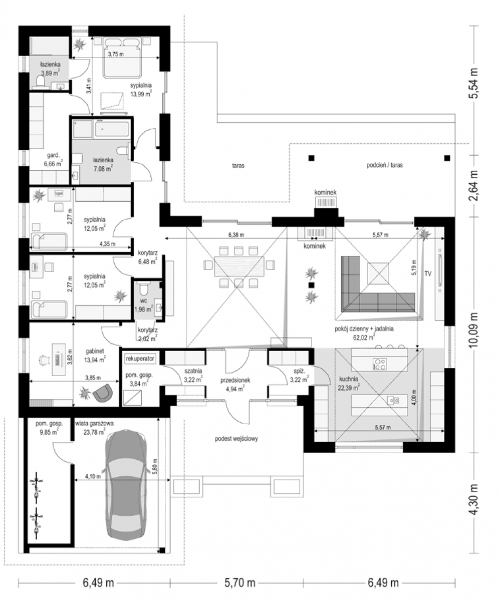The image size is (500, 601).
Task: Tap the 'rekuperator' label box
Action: [x=140, y=359]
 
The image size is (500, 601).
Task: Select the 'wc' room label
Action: [x=144, y=300]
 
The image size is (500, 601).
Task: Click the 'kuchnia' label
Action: [x=349, y=379]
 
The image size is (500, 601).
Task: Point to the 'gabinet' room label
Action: [x=95, y=351]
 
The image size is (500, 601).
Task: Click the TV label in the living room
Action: [x=428, y=273]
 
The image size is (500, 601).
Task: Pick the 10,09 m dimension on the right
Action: [x=473, y=330]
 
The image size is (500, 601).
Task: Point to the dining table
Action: [x=239, y=266]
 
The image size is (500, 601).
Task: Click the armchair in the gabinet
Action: [x=103, y=392]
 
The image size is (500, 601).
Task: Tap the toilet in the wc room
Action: [x=143, y=288]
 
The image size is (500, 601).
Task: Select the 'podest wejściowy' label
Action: [x=236, y=439]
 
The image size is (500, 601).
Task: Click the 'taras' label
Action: [x=238, y=166]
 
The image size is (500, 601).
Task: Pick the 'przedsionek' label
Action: [x=235, y=380]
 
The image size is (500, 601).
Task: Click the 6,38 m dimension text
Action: [x=236, y=235]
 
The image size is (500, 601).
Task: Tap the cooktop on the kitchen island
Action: [x=380, y=363]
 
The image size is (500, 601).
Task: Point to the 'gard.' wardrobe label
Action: [x=53, y=155]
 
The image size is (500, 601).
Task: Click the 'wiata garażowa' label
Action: [x=95, y=423]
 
